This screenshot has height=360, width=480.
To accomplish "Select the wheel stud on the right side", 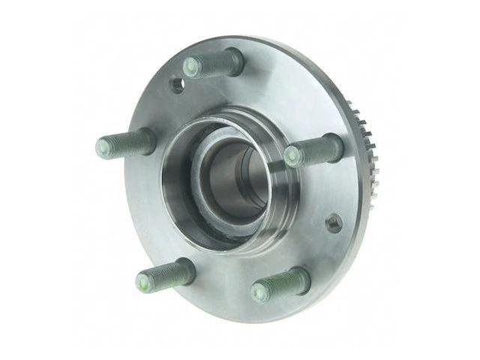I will (313, 151).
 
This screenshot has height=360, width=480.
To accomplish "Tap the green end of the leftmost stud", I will (104, 145).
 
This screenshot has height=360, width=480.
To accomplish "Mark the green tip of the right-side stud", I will (292, 157).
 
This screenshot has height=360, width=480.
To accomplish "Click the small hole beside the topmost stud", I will (178, 84).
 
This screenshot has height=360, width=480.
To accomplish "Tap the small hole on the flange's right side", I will (334, 223).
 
